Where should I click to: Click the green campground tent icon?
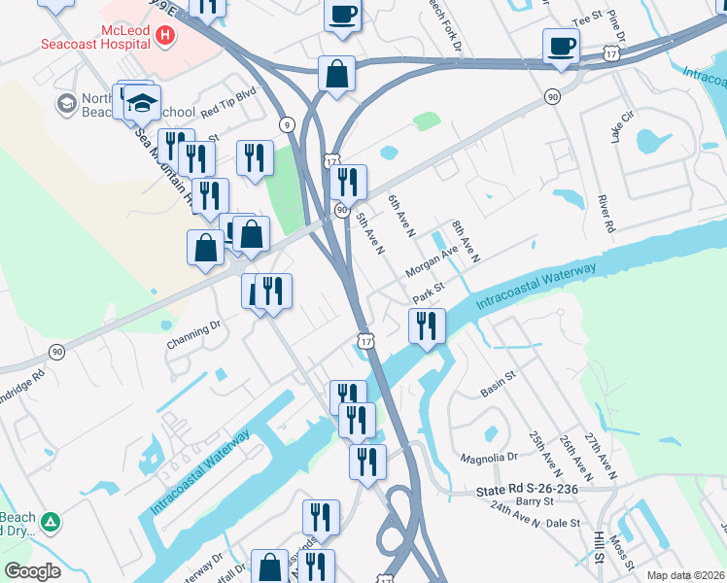click(x=51, y=523)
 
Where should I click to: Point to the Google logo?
click(x=32, y=571)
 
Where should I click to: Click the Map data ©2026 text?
click(x=685, y=575)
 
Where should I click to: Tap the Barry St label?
click(x=535, y=501)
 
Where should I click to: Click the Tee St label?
click(x=589, y=18)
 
